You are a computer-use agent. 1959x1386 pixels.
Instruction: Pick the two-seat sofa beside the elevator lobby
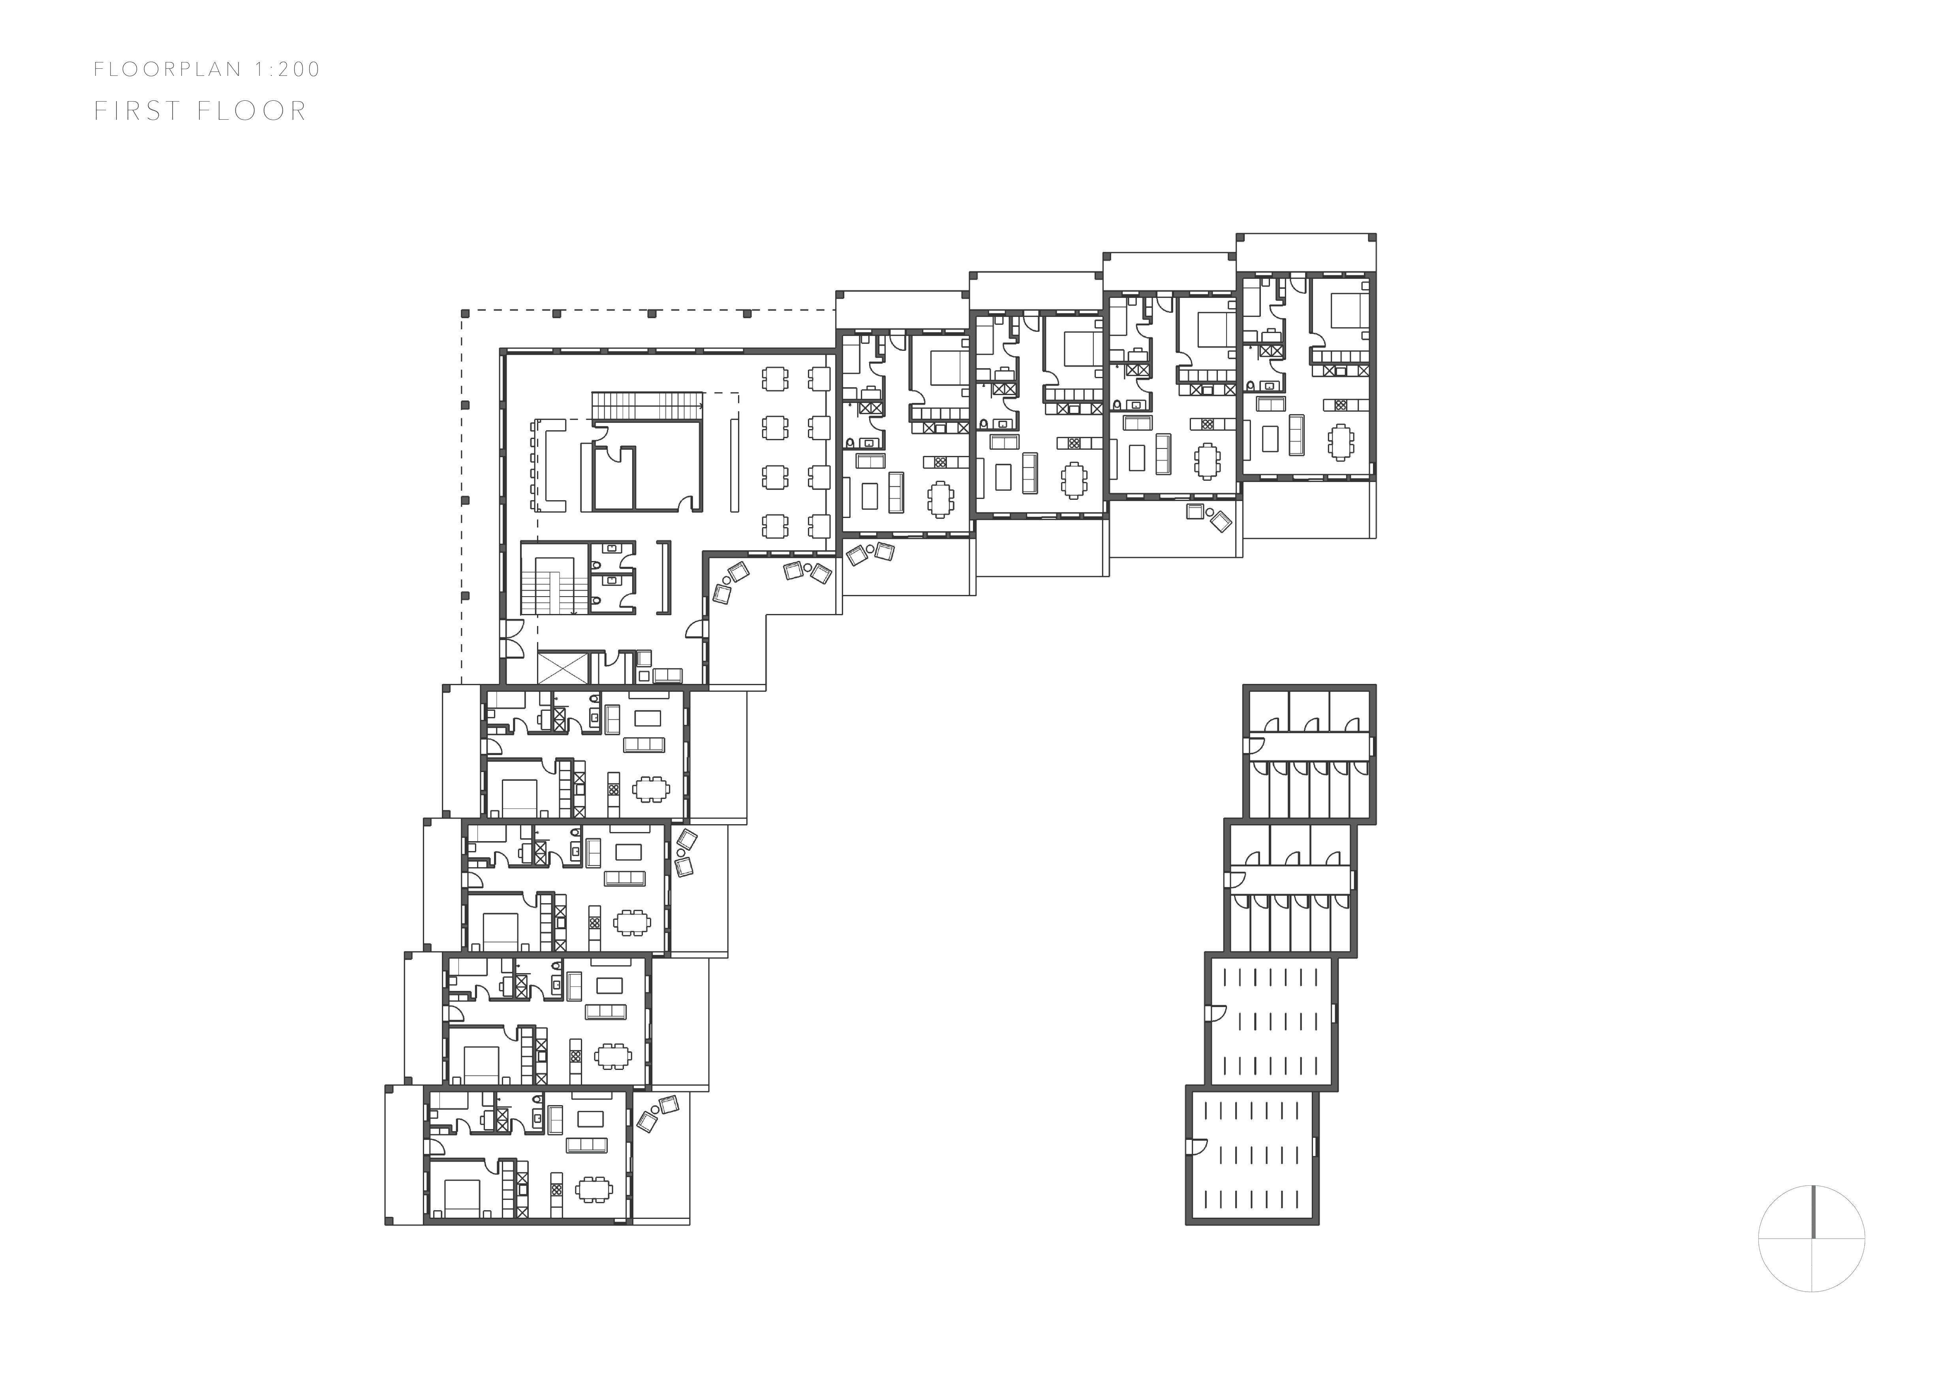[667, 675]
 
